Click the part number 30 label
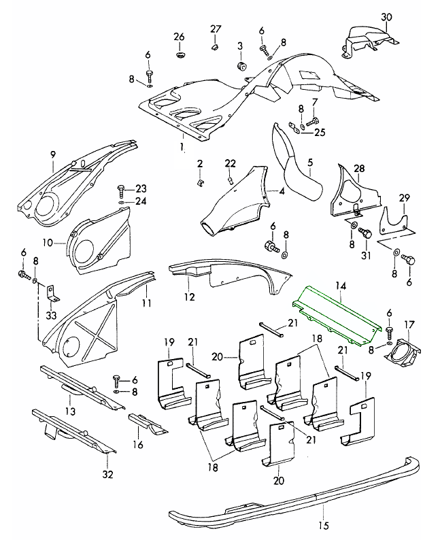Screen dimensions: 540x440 click(387, 17)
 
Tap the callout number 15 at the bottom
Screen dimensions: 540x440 click(322, 524)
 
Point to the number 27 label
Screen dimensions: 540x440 click(216, 29)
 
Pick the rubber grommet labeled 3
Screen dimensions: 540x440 click(241, 66)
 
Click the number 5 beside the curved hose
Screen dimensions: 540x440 click(309, 163)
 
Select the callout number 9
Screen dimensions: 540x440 click(52, 155)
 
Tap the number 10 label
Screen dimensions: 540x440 click(49, 242)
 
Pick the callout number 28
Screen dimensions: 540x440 click(359, 168)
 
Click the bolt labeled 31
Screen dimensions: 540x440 click(365, 234)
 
